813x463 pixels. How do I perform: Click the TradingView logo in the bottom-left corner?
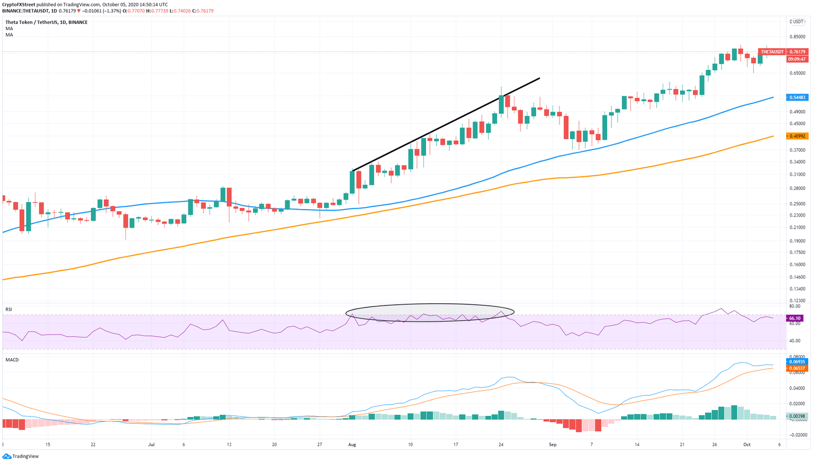pos(21,456)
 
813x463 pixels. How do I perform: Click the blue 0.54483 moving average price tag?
pos(798,97)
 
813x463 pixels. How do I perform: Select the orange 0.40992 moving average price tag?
pos(798,136)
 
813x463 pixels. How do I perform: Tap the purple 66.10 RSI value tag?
pos(795,318)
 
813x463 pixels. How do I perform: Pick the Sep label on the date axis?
pos(553,445)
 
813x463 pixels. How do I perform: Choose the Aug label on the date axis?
pos(352,445)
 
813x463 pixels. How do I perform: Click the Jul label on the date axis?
pos(151,445)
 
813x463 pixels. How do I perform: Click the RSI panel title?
pos(9,309)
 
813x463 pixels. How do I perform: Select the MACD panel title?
pos(12,360)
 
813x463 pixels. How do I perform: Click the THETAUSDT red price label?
pos(772,52)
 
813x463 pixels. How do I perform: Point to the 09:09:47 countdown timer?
pos(797,59)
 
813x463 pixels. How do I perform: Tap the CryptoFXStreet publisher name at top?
pos(19,4)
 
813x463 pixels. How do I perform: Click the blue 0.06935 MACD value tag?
pos(798,362)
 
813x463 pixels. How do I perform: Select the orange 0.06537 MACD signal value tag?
pos(798,368)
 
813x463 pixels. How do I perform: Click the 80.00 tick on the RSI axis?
pos(794,306)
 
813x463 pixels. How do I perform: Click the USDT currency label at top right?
pos(797,22)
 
